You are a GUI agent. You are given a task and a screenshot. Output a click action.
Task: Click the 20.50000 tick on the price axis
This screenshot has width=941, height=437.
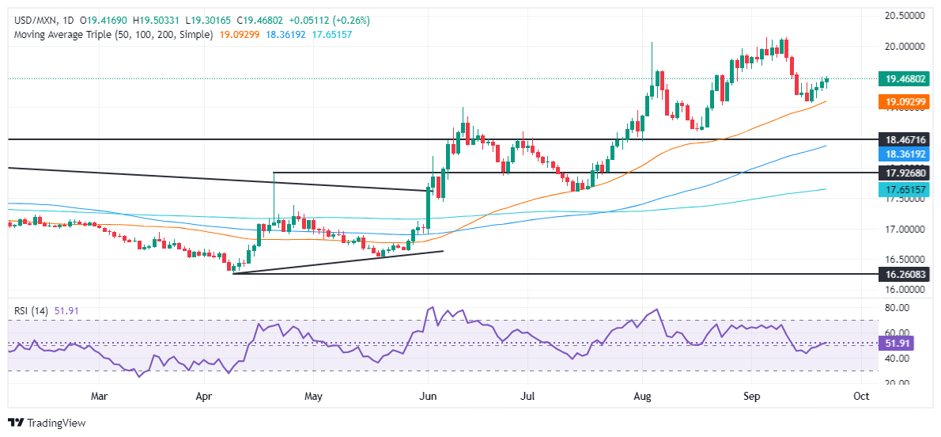coord(903,16)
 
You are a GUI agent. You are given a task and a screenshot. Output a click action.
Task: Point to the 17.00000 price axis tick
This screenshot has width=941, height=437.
coord(903,230)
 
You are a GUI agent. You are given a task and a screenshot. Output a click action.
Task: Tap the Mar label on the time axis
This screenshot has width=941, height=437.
coord(99,395)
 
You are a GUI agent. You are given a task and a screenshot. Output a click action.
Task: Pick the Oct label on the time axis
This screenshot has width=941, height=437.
coord(862,395)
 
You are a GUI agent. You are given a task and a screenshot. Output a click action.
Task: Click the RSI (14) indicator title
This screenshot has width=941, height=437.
coord(32,311)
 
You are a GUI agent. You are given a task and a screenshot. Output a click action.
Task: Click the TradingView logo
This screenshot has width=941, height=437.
coord(46,423)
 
